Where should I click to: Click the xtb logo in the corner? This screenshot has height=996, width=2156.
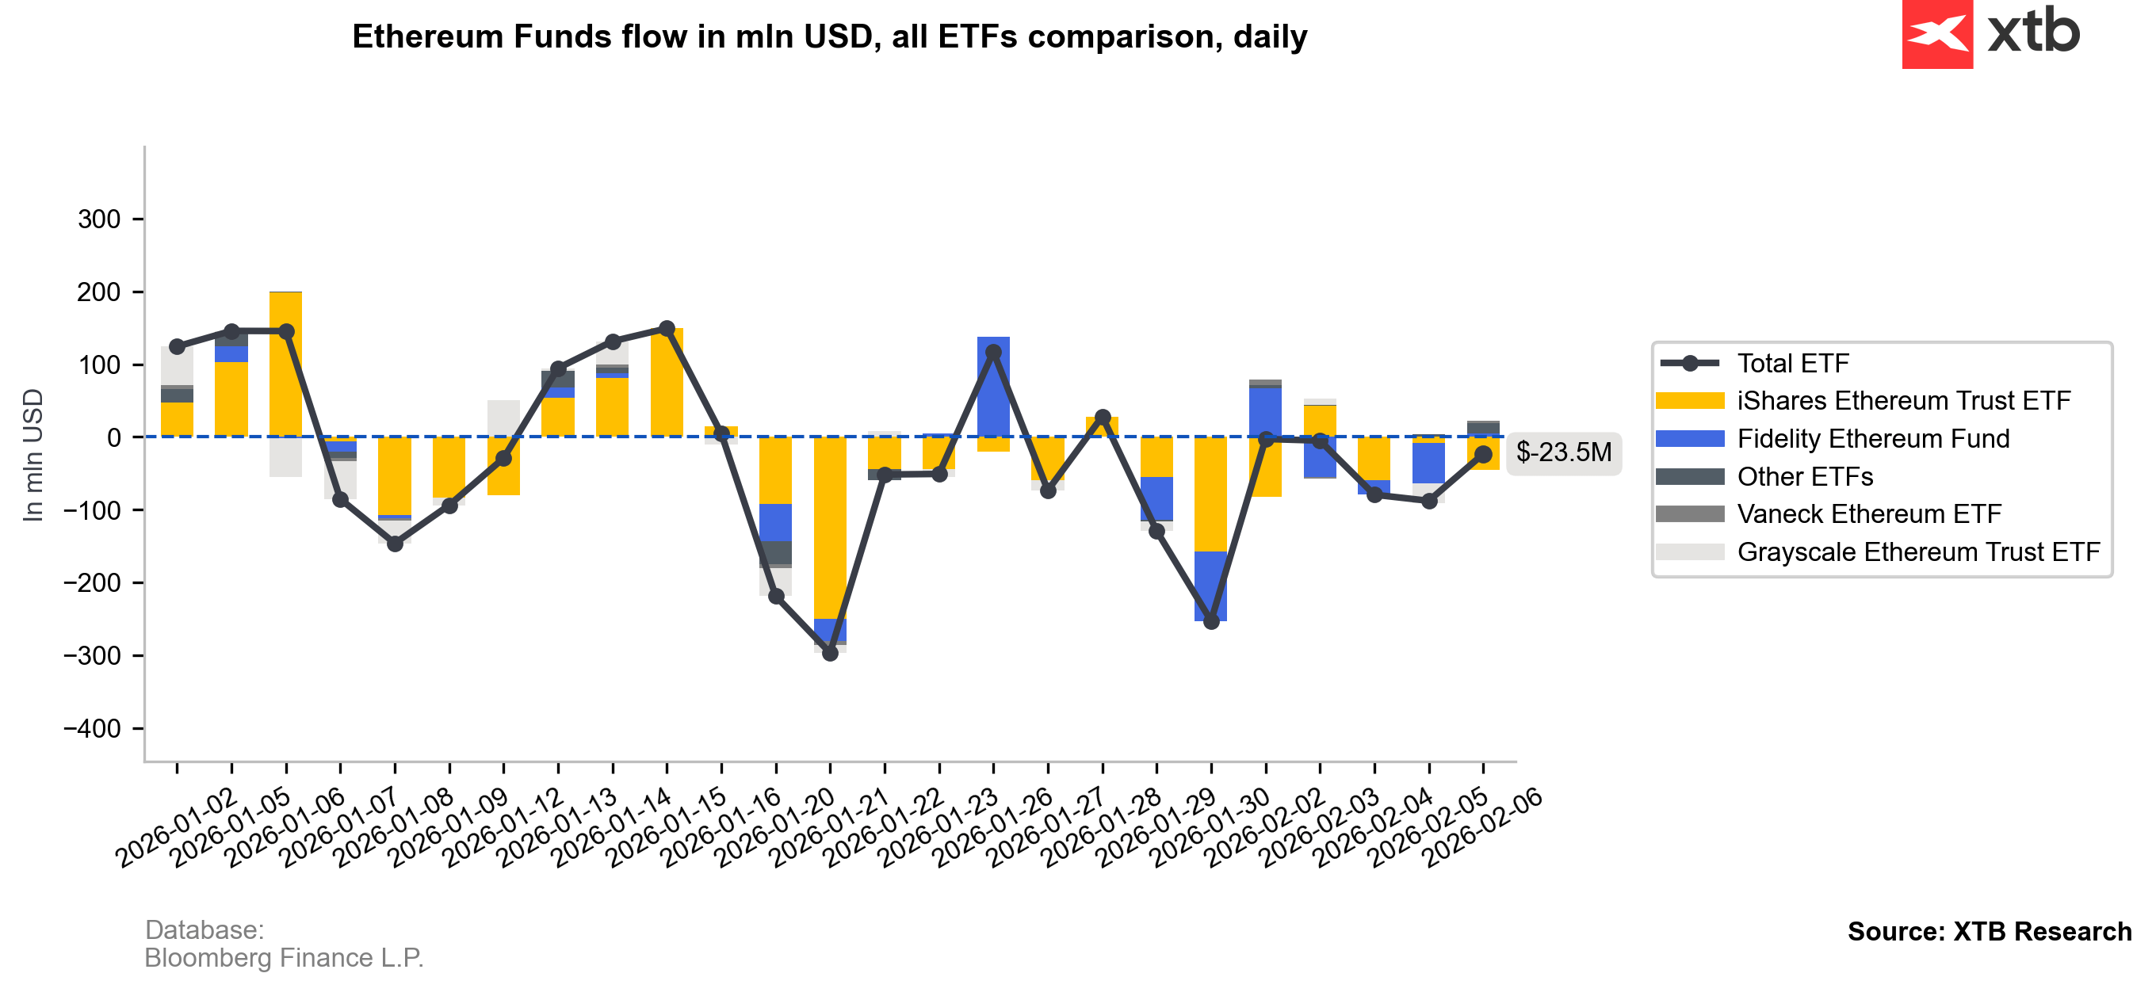tap(1990, 33)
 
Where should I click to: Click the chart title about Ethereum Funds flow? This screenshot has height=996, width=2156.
tap(828, 36)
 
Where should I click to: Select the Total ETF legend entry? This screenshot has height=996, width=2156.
tap(1792, 363)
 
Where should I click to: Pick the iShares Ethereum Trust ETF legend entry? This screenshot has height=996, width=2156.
tap(1902, 401)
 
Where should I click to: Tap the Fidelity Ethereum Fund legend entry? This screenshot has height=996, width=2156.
tap(1872, 439)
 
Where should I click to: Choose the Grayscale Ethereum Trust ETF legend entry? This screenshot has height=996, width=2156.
tap(1917, 552)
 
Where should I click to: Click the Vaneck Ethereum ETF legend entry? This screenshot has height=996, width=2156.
tap(1868, 514)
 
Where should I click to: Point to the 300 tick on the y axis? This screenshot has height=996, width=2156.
tap(100, 219)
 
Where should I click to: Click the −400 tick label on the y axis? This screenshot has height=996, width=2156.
tap(92, 728)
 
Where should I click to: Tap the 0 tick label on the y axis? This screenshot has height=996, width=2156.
tap(114, 437)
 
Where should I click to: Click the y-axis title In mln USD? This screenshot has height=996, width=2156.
tap(32, 456)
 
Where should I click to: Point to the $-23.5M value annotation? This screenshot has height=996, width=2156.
tap(1562, 452)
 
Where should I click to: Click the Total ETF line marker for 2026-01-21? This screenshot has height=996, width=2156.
tap(830, 653)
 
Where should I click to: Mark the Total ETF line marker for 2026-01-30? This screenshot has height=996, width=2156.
tap(1211, 622)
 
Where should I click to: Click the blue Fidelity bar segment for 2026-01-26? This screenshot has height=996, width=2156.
tap(993, 385)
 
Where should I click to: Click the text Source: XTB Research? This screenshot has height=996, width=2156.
tap(1989, 932)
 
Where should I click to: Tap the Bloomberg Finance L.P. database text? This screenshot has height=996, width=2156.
tap(284, 957)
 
